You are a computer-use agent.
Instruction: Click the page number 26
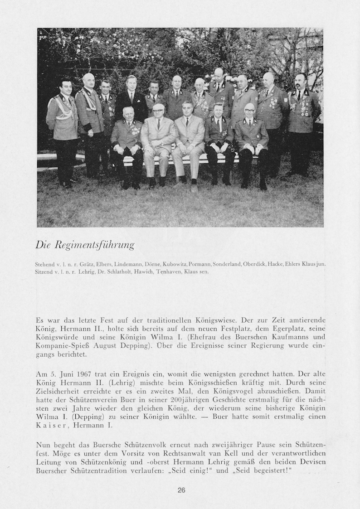(x=181, y=490)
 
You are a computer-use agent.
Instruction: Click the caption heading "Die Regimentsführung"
(x=85, y=245)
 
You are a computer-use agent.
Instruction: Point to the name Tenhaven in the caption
(x=154, y=271)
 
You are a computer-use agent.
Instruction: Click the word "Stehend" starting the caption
(x=44, y=264)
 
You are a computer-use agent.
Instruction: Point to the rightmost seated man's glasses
(x=249, y=111)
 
